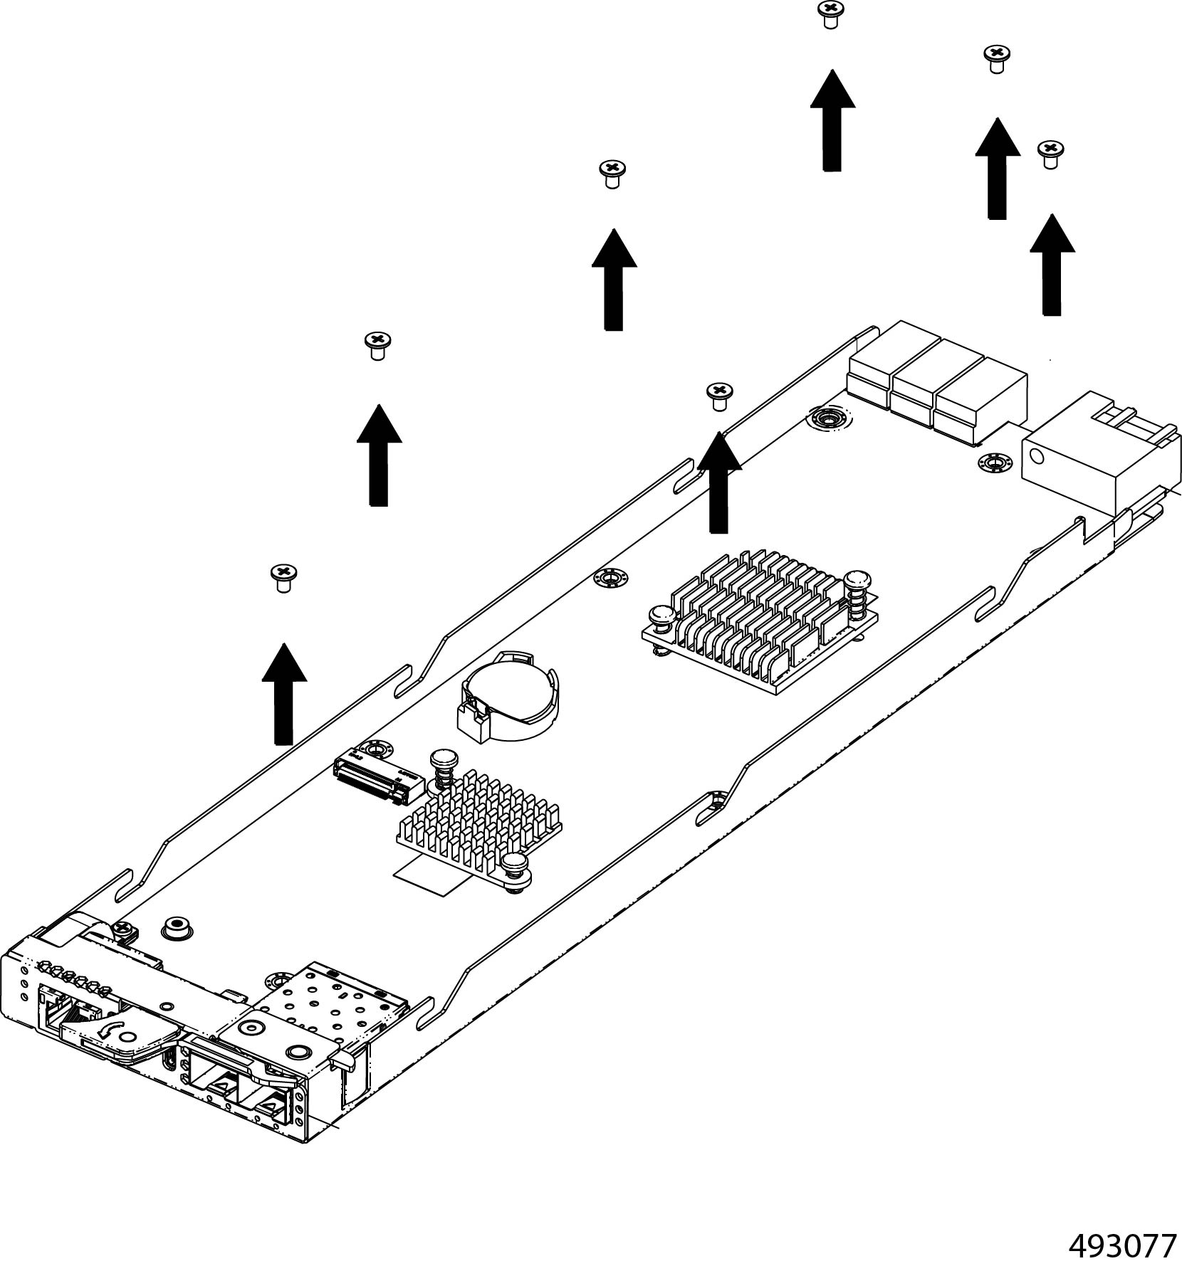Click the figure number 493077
point(1122,1245)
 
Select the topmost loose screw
point(828,13)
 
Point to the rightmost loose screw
point(1049,152)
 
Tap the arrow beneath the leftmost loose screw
point(283,694)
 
